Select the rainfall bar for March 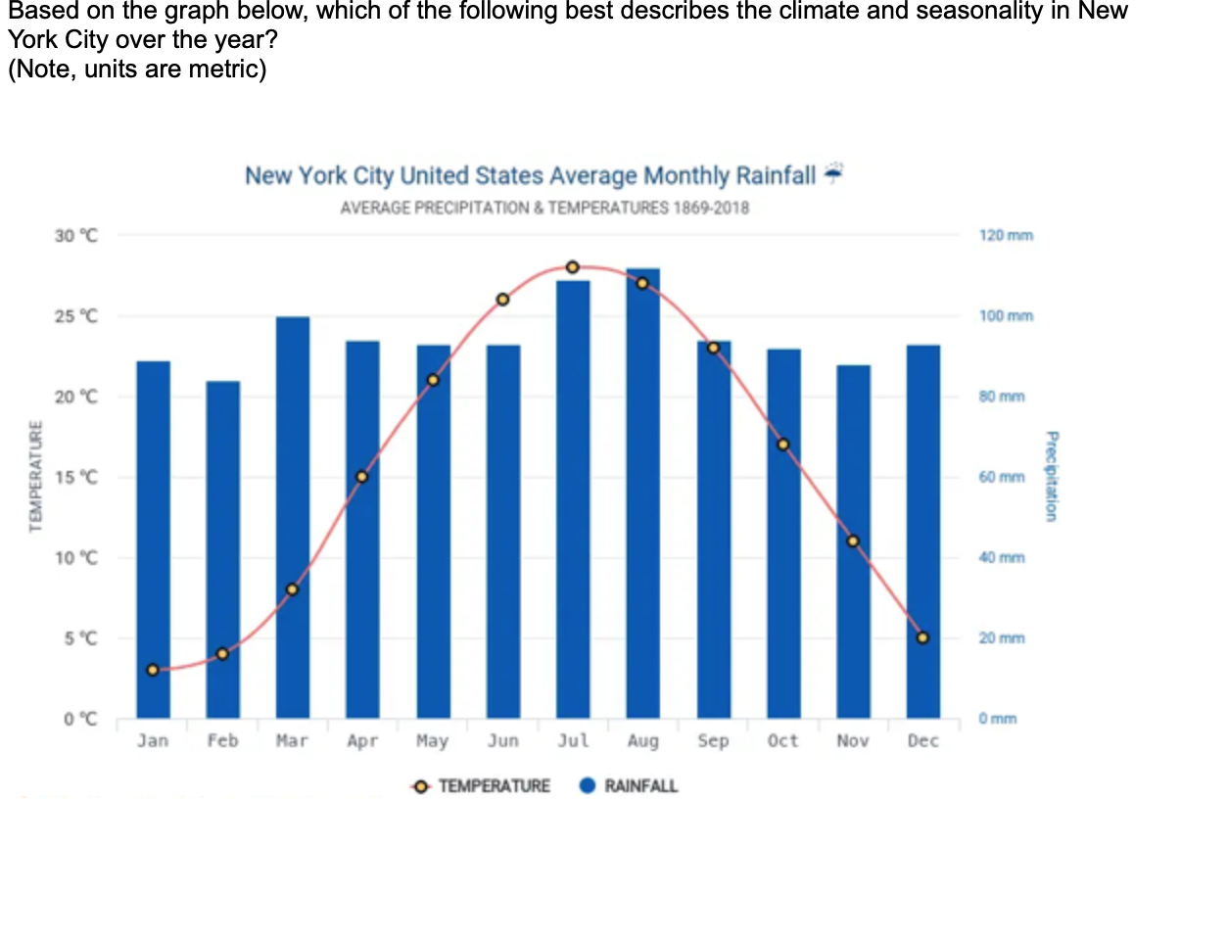point(293,519)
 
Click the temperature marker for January point(153,670)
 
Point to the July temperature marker point(573,267)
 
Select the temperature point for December point(922,637)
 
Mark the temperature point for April point(362,477)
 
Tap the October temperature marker point(782,445)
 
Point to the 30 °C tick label point(76,236)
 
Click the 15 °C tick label point(76,478)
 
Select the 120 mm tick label point(1006,236)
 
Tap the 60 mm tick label point(1002,478)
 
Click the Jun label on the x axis point(502,741)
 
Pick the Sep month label point(713,741)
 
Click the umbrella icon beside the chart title point(833,173)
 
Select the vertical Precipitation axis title point(1051,476)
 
